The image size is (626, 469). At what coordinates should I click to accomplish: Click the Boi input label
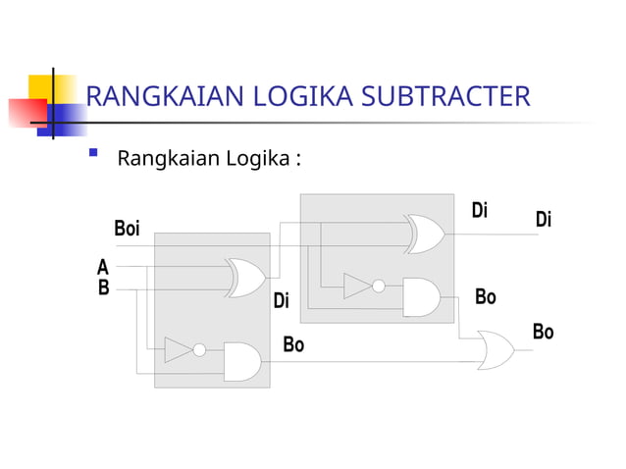[127, 229]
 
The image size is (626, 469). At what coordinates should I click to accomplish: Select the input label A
[103, 266]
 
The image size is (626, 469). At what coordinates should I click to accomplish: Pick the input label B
[103, 288]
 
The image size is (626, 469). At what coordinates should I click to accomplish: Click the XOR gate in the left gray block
[245, 278]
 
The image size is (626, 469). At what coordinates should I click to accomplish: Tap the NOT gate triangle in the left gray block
[179, 350]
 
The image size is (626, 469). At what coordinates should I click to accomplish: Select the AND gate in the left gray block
[242, 361]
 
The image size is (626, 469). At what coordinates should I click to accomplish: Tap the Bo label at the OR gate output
[543, 332]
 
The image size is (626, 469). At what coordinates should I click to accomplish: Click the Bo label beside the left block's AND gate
[293, 344]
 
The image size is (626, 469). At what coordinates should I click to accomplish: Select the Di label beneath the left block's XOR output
[282, 301]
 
